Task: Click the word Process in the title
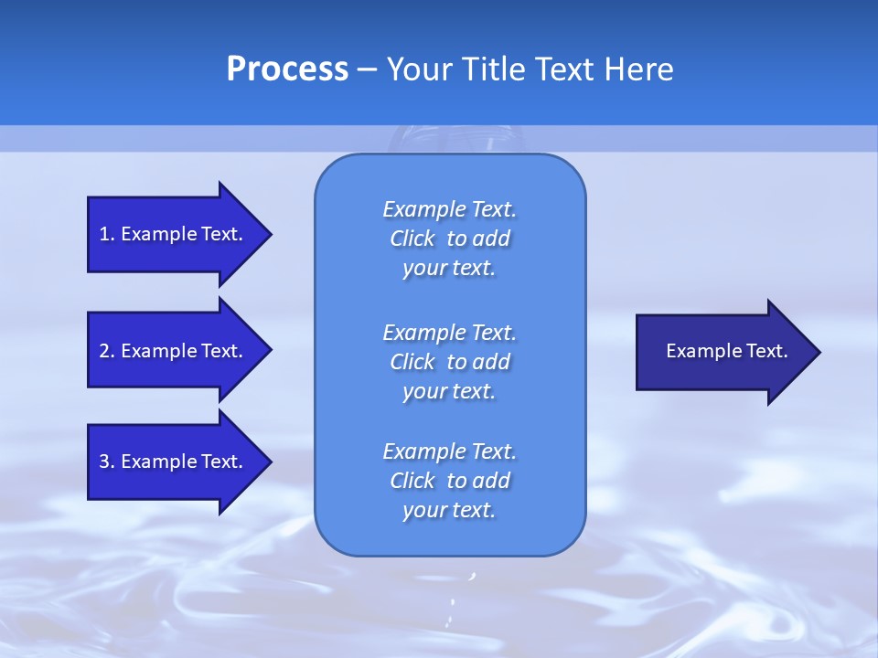pyautogui.click(x=287, y=69)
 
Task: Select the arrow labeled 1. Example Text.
pyautogui.click(x=174, y=234)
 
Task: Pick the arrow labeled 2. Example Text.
pyautogui.click(x=174, y=351)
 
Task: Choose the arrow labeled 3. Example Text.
pyautogui.click(x=174, y=462)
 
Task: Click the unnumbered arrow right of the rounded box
pyautogui.click(x=723, y=352)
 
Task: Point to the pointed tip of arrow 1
pyautogui.click(x=270, y=234)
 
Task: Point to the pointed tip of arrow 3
pyautogui.click(x=270, y=462)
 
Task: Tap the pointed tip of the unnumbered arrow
pyautogui.click(x=819, y=352)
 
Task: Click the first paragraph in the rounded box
pyautogui.click(x=449, y=239)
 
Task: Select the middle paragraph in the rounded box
pyautogui.click(x=449, y=362)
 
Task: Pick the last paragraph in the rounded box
pyautogui.click(x=449, y=481)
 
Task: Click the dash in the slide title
pyautogui.click(x=367, y=69)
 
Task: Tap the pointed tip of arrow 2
pyautogui.click(x=270, y=351)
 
